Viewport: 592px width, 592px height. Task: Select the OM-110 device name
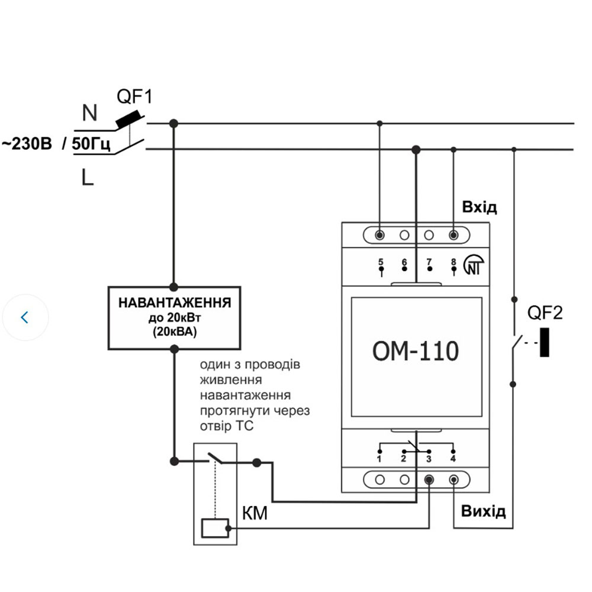[415, 351]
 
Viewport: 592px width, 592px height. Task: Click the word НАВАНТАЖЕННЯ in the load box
[174, 303]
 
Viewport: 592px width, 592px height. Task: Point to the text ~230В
[27, 144]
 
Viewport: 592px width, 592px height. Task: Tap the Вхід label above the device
[479, 207]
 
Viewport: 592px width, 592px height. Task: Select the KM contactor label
[255, 513]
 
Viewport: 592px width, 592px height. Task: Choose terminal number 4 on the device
[453, 459]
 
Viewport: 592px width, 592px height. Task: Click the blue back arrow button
[24, 317]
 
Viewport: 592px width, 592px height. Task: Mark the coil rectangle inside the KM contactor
[215, 527]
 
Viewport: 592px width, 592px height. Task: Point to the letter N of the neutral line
[89, 112]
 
